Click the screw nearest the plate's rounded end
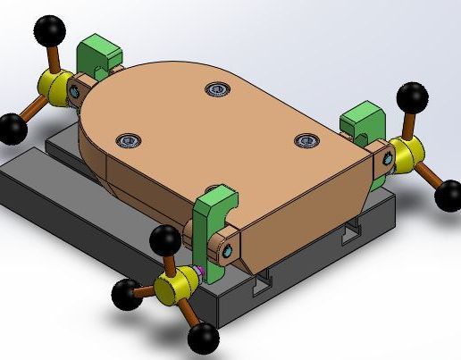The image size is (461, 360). tap(215, 88)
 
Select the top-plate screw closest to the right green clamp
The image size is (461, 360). tap(306, 140)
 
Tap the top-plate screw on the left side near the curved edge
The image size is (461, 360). tap(128, 140)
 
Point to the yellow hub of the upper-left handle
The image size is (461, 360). tap(56, 87)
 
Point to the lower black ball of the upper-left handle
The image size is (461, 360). tap(13, 128)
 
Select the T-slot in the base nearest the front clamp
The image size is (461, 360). tap(262, 285)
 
